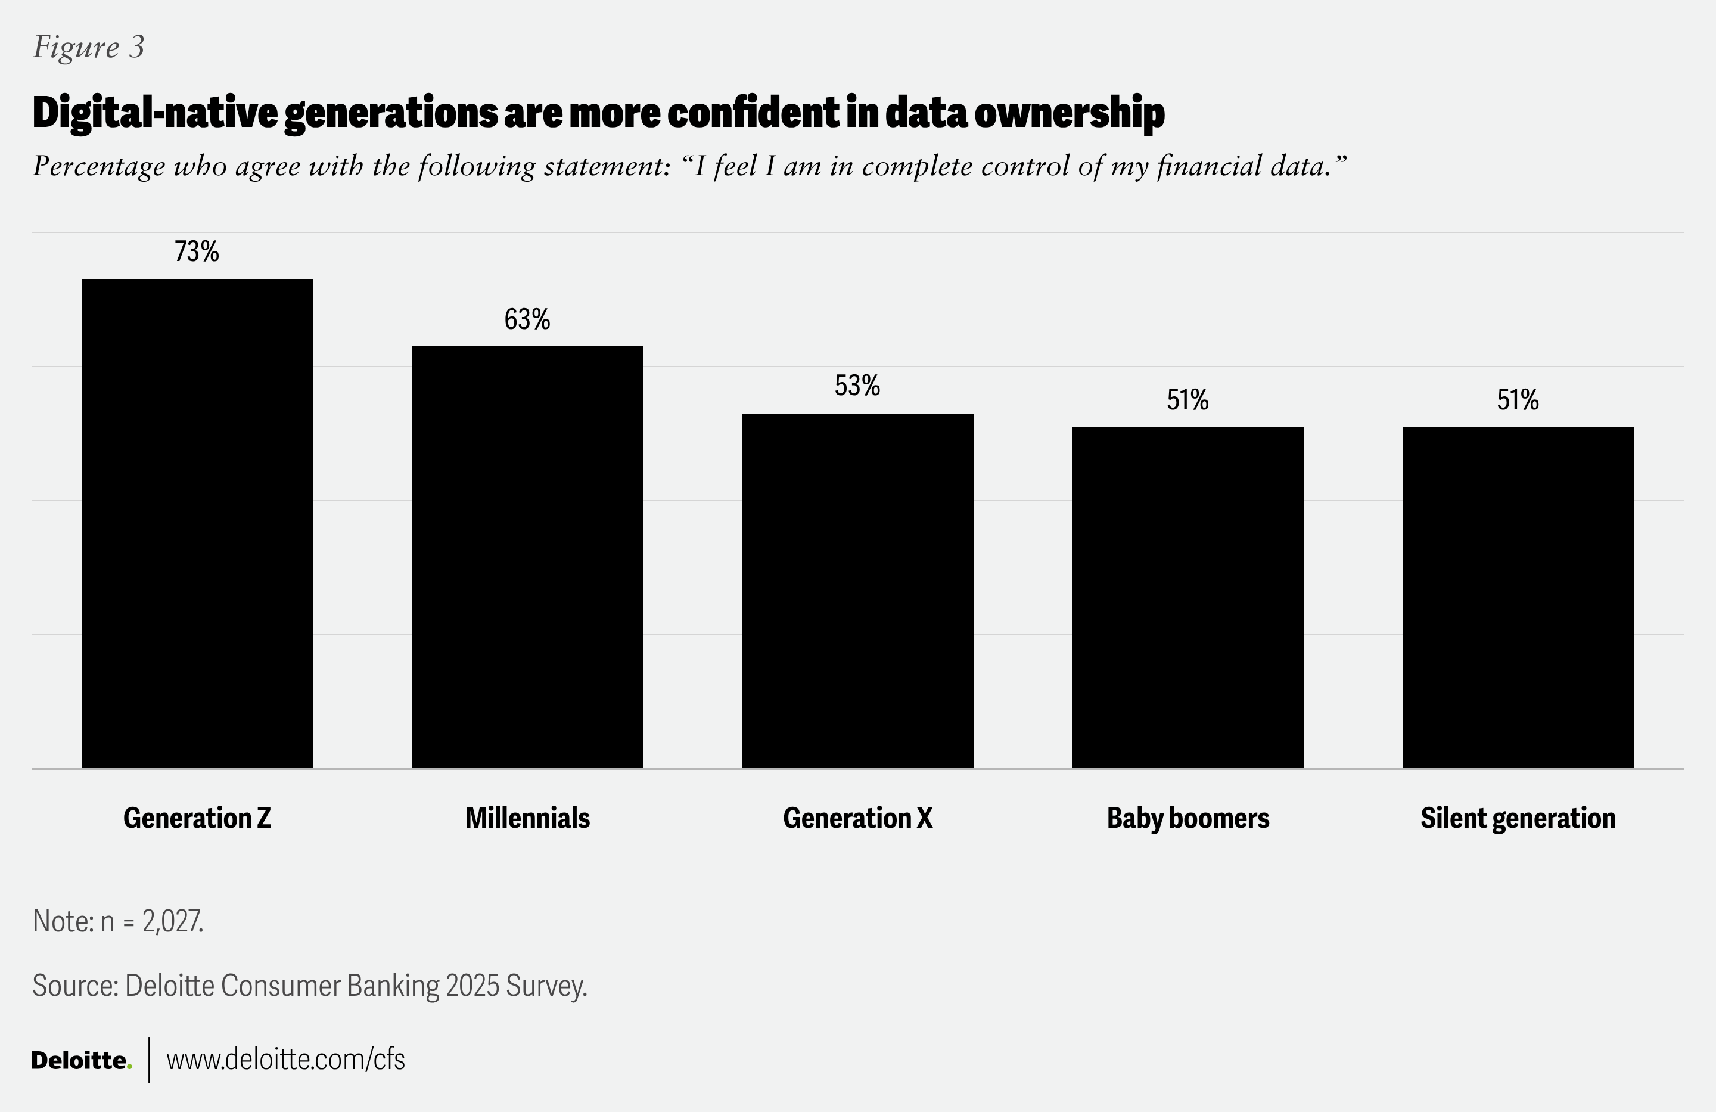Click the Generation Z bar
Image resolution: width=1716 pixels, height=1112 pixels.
[197, 524]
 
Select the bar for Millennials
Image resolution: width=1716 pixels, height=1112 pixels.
[527, 557]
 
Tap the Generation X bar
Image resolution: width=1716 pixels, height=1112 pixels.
[857, 591]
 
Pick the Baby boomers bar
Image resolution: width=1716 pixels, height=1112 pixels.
[1187, 597]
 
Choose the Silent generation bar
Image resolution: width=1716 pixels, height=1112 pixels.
[1518, 597]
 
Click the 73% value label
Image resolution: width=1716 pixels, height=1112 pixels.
[197, 251]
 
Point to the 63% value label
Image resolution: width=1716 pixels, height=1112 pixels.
[527, 319]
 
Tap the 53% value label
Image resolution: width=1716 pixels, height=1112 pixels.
[857, 386]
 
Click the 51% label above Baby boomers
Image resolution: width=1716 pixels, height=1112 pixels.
[1187, 399]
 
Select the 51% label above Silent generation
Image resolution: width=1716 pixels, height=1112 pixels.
[1518, 399]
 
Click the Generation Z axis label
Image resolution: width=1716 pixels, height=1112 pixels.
[197, 818]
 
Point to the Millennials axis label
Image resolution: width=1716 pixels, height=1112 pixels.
[527, 818]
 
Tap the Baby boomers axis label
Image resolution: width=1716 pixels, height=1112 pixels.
[1187, 818]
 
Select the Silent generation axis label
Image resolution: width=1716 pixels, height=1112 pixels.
[1518, 818]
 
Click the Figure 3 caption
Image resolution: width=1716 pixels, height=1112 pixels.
[89, 48]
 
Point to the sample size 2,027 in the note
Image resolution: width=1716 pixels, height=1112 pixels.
[172, 922]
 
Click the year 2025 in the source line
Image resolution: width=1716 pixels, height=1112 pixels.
[473, 986]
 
